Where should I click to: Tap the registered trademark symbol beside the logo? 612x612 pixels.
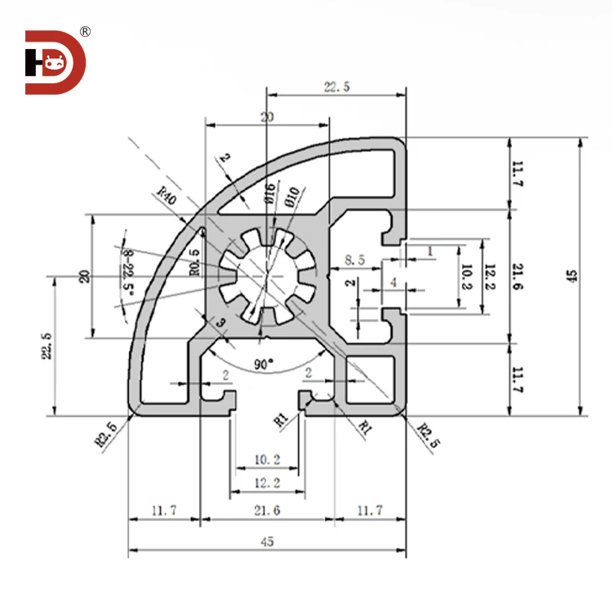pyautogui.click(x=85, y=32)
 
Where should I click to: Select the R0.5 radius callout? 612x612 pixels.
pyautogui.click(x=194, y=262)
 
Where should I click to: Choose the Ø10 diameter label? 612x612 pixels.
pyautogui.click(x=295, y=197)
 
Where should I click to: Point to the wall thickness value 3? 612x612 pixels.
pyautogui.click(x=220, y=325)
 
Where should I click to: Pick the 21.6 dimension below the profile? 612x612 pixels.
pyautogui.click(x=268, y=511)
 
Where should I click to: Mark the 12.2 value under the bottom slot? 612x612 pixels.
pyautogui.click(x=267, y=483)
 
